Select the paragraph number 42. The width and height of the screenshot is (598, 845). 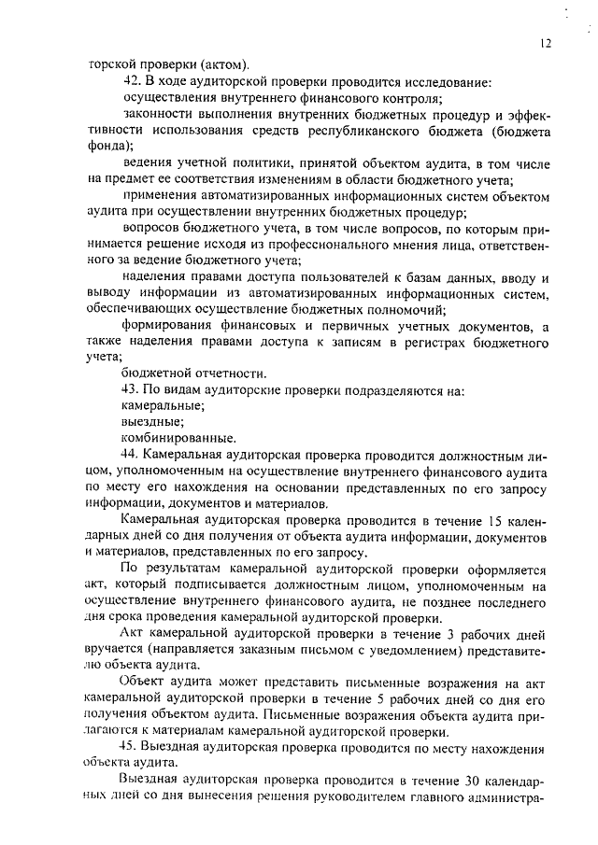pyautogui.click(x=132, y=82)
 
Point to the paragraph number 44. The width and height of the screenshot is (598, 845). pyautogui.click(x=132, y=454)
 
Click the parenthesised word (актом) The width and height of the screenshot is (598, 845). pyautogui.click(x=224, y=65)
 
